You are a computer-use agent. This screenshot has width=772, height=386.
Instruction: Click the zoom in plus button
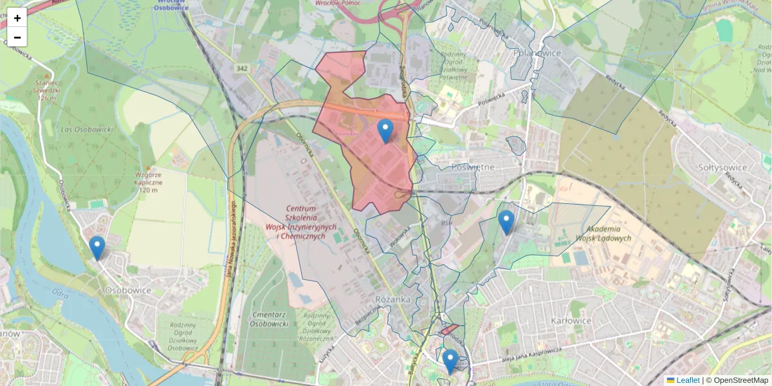[x=17, y=18]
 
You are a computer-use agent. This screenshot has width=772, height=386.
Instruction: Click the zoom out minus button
[x=17, y=37]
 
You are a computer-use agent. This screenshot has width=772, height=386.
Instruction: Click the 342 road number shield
[x=242, y=68]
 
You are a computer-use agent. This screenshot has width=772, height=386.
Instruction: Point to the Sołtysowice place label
[x=722, y=167]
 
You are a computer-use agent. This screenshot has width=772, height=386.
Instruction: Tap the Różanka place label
[x=392, y=300]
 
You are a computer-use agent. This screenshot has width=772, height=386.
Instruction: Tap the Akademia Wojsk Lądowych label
[x=609, y=234]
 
